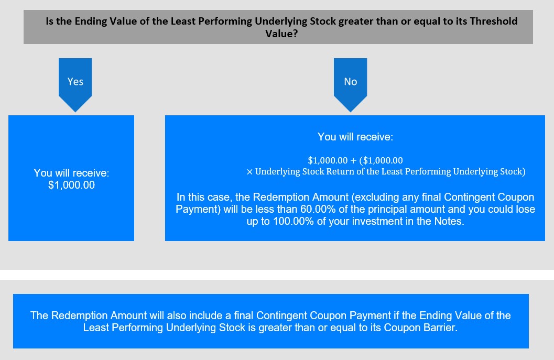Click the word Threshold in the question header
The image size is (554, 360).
click(493, 21)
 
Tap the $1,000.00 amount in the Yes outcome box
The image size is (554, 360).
click(71, 185)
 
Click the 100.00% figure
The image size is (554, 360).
click(294, 221)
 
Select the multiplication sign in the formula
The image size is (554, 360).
click(249, 172)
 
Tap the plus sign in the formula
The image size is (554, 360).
click(353, 161)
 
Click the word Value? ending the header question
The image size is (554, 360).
click(281, 34)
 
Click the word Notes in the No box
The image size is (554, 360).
click(449, 221)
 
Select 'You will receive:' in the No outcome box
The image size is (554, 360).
click(355, 137)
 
